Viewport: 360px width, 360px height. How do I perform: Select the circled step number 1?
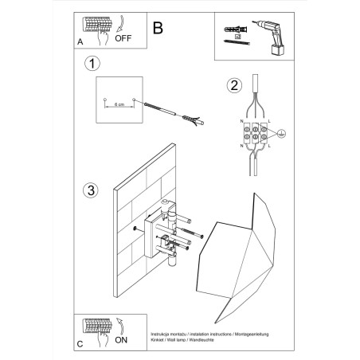click(x=93, y=63)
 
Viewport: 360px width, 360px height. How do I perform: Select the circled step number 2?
click(x=233, y=86)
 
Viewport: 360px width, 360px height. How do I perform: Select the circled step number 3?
click(x=92, y=191)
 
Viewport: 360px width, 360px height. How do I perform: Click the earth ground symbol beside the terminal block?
click(x=278, y=136)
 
